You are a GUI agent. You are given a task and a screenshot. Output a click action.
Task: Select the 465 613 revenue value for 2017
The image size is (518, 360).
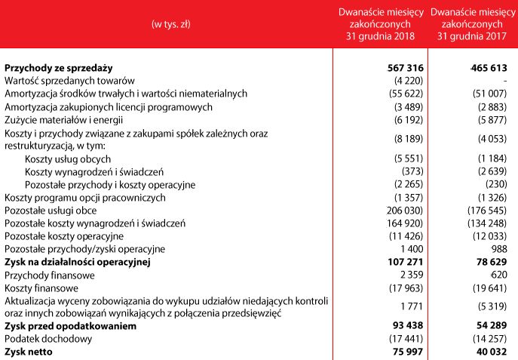point(492,68)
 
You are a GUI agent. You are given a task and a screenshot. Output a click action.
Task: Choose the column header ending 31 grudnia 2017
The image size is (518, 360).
point(473,24)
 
